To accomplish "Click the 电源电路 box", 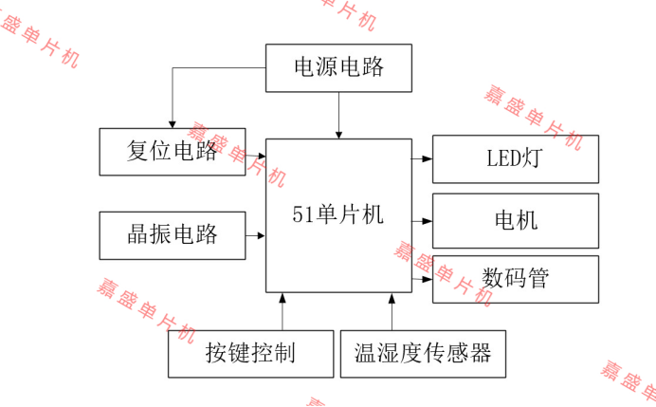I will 338,67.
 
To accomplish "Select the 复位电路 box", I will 172,151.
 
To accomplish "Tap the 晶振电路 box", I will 172,234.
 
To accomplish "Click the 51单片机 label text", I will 337,214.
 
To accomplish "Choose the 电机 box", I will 515,220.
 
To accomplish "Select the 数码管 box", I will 515,279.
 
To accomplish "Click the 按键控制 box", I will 250,353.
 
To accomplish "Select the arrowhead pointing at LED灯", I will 428,158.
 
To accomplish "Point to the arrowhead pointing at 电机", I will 428,220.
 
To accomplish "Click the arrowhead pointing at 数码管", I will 428,279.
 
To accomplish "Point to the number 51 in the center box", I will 301,214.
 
